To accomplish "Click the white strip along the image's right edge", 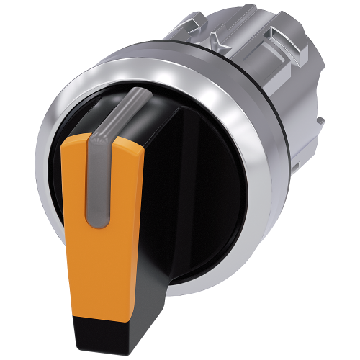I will point(357,180).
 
